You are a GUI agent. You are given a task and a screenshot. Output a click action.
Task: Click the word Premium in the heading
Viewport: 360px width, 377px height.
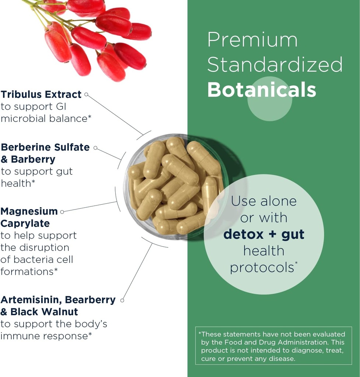coord(253,40)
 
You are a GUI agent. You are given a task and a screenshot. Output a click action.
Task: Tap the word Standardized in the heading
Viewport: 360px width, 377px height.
coord(275,64)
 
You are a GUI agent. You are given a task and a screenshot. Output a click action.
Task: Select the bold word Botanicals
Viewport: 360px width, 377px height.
coord(261,89)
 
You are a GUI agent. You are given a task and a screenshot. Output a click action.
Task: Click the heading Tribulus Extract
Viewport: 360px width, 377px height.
coord(41,94)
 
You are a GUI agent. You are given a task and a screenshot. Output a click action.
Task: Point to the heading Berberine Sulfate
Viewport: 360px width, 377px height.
coord(45,147)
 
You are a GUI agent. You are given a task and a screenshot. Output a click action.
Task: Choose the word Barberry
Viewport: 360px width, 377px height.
coord(33,159)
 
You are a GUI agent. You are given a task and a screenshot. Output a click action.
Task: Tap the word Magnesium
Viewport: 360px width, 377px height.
coord(29,211)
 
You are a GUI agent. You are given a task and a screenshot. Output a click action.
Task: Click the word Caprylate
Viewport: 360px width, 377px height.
coord(25,223)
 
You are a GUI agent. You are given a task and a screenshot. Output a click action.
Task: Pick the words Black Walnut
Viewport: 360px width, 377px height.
coord(44,312)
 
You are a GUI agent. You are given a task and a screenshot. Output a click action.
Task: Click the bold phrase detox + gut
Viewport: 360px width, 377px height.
coord(264,234)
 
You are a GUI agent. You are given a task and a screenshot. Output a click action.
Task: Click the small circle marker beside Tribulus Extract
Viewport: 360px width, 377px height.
coord(86,94)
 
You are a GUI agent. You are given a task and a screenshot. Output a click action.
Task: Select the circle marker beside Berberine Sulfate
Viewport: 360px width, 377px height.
coord(95,148)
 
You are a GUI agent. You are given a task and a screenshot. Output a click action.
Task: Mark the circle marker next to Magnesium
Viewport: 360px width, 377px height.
coord(62,212)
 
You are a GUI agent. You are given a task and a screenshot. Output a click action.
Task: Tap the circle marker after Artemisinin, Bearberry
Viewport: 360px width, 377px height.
coord(122,300)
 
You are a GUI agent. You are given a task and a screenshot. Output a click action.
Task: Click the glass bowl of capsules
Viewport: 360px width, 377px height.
coord(176,186)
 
